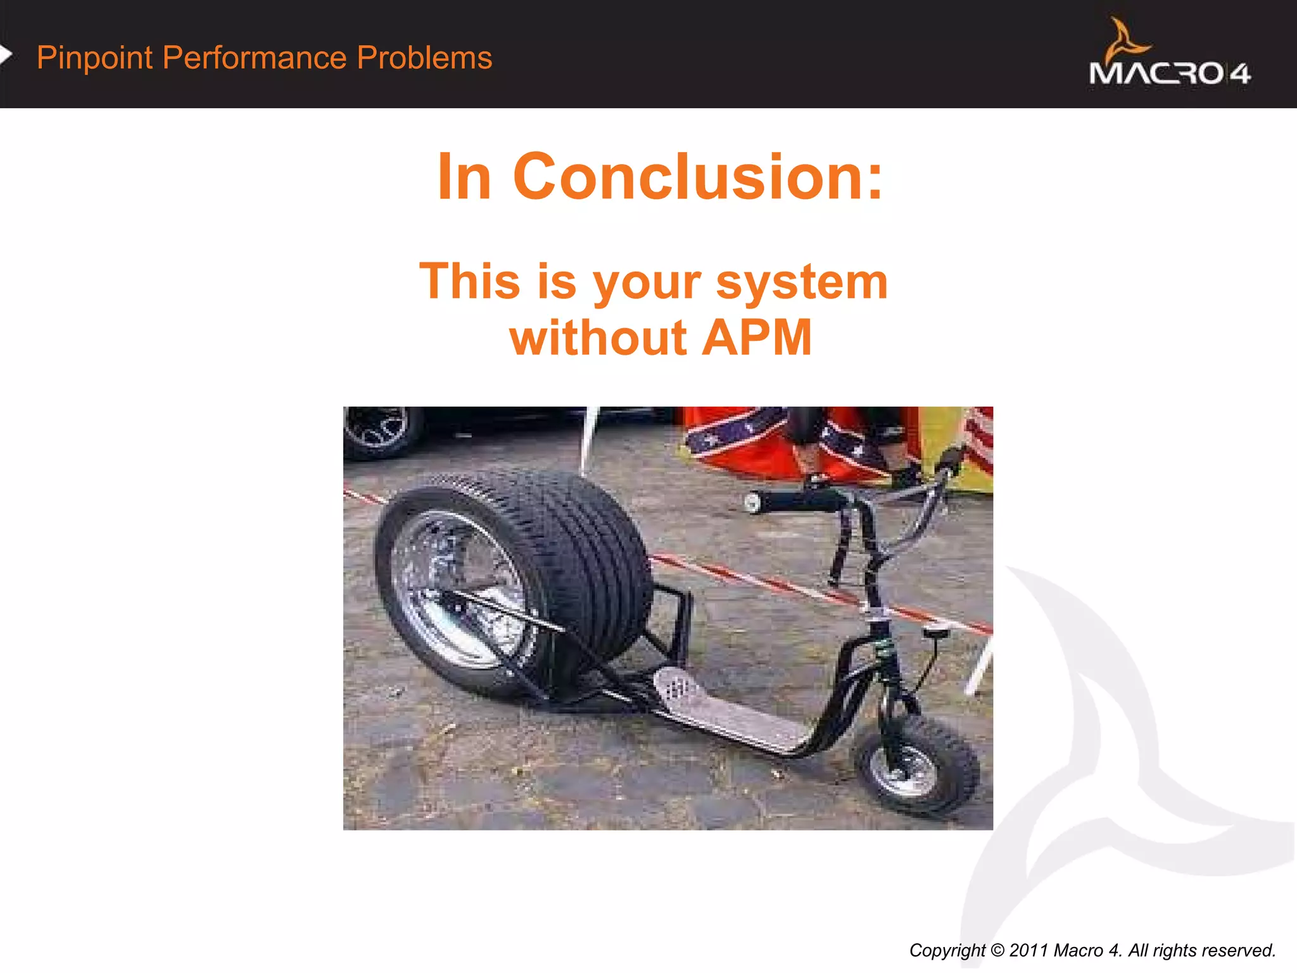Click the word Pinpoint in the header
[x=94, y=58]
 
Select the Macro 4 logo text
[x=1169, y=73]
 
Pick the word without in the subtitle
[x=598, y=337]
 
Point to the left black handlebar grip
[x=795, y=501]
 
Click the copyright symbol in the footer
[x=997, y=950]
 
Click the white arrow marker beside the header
[x=6, y=55]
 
